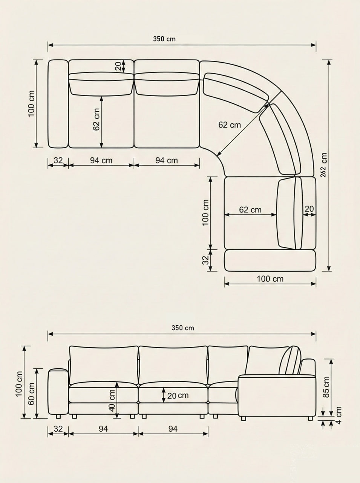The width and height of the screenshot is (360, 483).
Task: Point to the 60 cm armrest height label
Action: [x=31, y=393]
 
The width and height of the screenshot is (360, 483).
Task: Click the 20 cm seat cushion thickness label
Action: [x=178, y=395]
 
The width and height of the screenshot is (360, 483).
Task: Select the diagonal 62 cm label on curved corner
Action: [x=229, y=125]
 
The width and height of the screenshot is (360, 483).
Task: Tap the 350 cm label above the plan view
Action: [x=164, y=39]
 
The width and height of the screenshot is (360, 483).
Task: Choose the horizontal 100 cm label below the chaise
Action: [x=270, y=279]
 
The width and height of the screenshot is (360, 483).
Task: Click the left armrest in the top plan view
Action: [x=58, y=104]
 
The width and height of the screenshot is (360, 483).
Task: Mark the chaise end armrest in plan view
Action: [x=270, y=260]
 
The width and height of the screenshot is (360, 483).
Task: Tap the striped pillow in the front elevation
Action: [x=290, y=361]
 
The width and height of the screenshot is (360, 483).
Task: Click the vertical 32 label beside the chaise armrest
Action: [x=205, y=260]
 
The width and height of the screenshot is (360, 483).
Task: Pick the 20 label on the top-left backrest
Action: [x=118, y=67]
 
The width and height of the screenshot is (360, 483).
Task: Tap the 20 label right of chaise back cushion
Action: [x=309, y=209]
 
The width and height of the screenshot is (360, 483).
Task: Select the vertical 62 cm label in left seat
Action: [x=97, y=120]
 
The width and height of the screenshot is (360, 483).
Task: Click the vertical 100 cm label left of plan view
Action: [x=31, y=103]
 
